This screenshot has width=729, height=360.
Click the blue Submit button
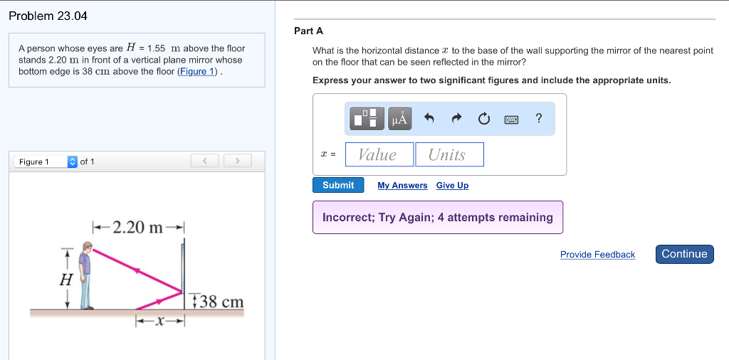338,185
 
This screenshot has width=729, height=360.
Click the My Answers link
402,186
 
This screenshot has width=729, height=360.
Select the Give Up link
452,186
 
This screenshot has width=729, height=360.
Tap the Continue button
684,254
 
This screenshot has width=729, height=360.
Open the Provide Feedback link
597,255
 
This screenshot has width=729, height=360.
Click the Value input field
377,154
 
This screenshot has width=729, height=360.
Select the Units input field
449,154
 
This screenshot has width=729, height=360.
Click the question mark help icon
539,119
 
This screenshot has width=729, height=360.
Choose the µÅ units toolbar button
400,119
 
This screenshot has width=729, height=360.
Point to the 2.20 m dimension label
139,228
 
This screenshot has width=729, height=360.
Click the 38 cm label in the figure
221,302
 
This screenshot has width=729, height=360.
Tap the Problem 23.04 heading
48,16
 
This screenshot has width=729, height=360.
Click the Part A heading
308,31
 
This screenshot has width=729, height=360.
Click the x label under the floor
161,322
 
